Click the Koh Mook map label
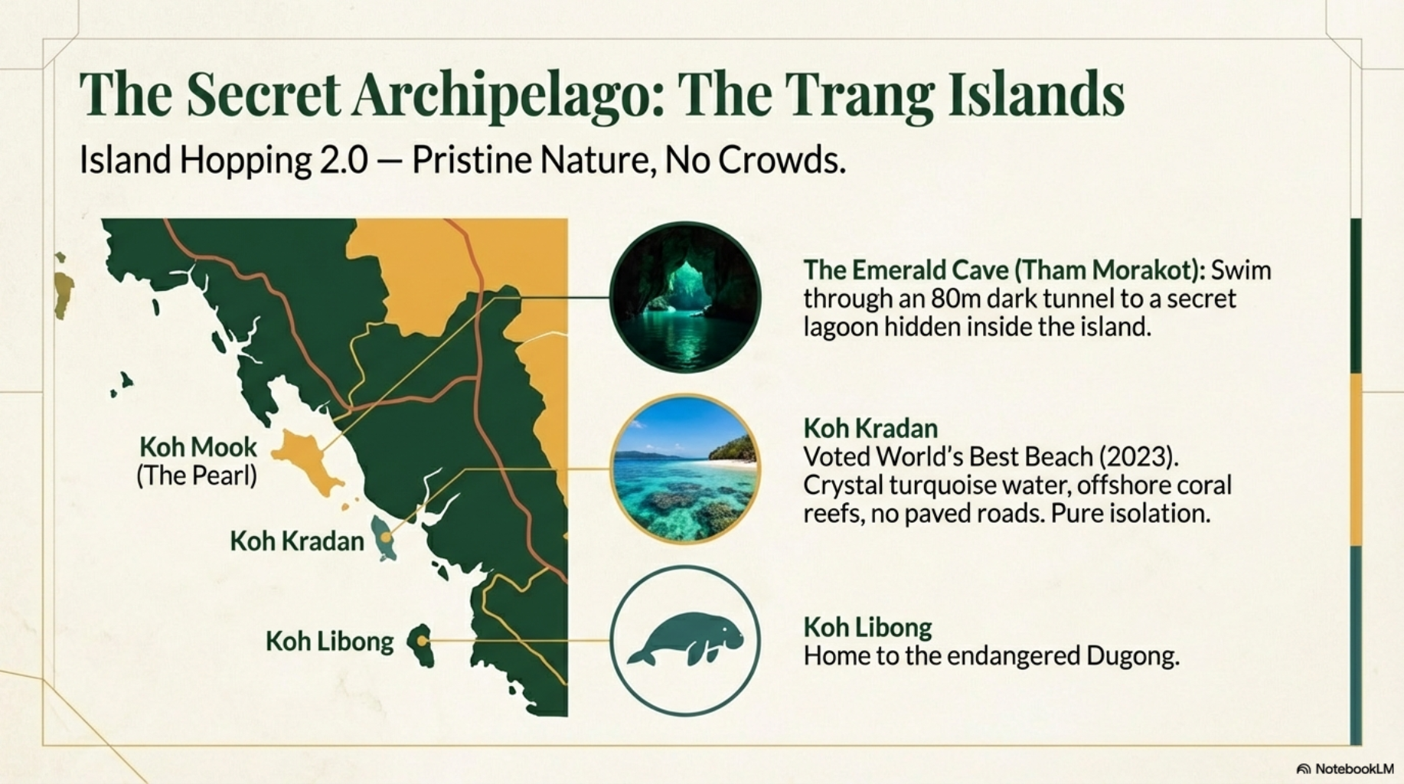pyautogui.click(x=198, y=447)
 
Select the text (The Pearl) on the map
pyautogui.click(x=197, y=476)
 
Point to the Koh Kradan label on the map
pyautogui.click(x=297, y=541)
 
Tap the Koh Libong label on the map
pyautogui.click(x=329, y=642)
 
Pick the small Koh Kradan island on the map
pyautogui.click(x=384, y=537)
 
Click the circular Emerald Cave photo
pyautogui.click(x=685, y=298)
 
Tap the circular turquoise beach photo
pyautogui.click(x=685, y=469)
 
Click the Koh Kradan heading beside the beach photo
pyautogui.click(x=870, y=427)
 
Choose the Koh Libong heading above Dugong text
pyautogui.click(x=867, y=627)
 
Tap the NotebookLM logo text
pyautogui.click(x=1353, y=769)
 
